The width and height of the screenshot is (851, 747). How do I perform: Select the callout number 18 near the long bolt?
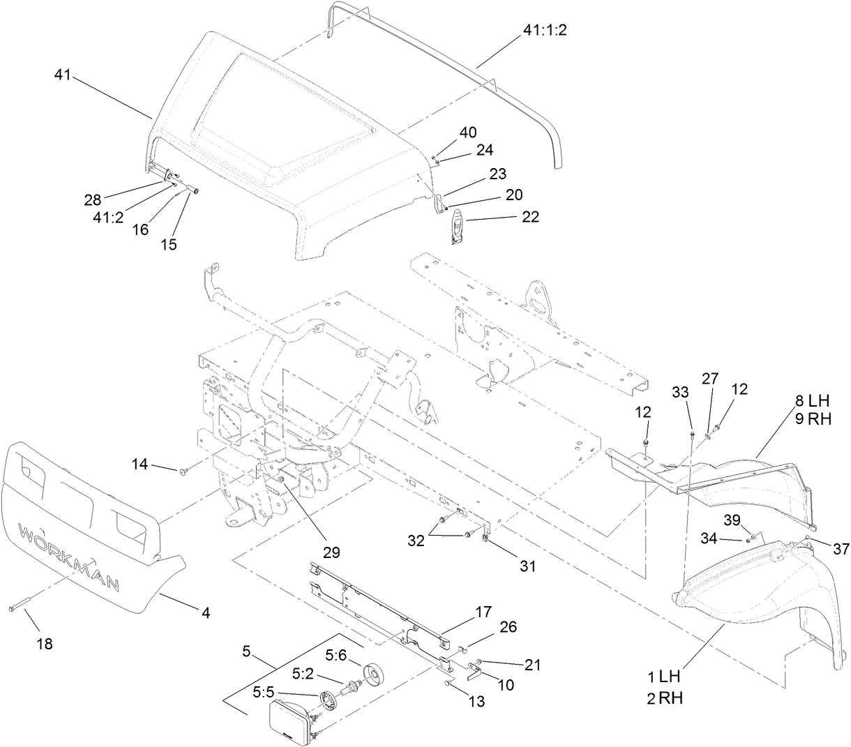[x=43, y=644]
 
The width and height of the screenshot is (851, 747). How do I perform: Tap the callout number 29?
[x=331, y=553]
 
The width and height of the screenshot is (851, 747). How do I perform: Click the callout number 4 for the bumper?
[x=206, y=612]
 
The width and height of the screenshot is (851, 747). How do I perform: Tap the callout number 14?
[x=140, y=463]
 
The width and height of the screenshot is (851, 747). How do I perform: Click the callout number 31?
[x=528, y=566]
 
